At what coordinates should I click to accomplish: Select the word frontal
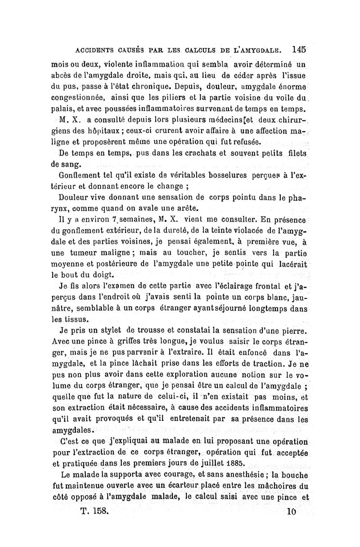click(269, 286)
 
